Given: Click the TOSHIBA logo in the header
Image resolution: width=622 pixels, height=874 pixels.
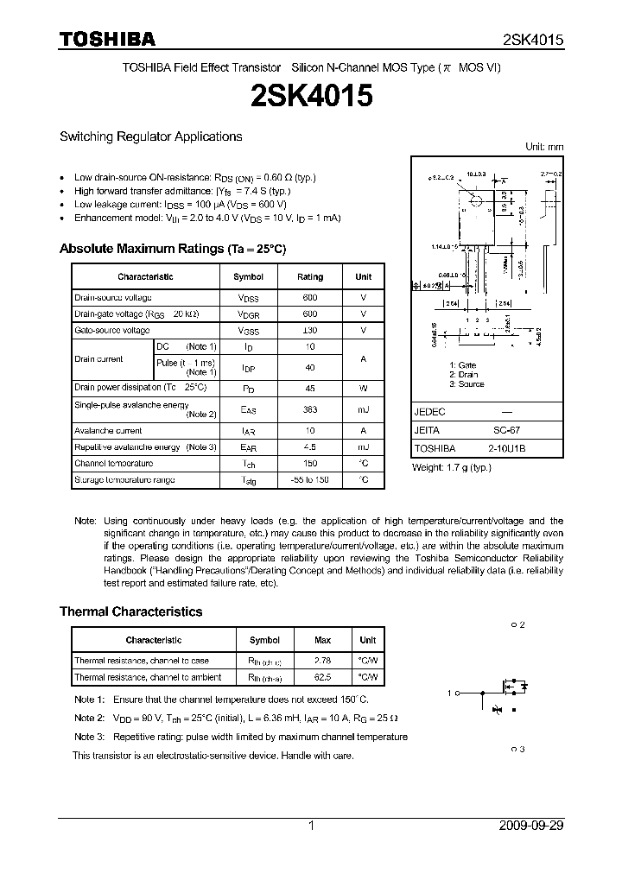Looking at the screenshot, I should (107, 40).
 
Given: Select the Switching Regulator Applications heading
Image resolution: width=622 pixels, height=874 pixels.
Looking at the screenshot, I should (150, 136).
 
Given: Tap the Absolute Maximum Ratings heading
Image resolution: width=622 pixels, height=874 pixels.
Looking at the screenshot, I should (172, 249).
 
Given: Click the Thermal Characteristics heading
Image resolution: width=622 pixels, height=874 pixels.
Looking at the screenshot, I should (130, 611).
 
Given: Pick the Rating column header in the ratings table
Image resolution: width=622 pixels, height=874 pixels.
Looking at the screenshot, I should (310, 277).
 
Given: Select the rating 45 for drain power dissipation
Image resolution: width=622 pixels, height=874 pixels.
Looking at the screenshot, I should (310, 388).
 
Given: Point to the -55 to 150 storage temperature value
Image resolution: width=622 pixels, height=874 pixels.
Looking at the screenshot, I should (310, 479).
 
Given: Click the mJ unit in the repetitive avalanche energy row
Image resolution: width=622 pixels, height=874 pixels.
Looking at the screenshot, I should (363, 447).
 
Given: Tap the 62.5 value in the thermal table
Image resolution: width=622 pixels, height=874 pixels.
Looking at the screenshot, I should (323, 678).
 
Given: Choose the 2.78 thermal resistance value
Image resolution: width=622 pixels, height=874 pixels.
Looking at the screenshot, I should (323, 661).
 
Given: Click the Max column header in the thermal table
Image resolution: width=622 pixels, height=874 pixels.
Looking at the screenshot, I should (323, 641).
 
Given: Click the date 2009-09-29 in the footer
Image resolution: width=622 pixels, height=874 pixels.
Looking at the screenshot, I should (531, 826).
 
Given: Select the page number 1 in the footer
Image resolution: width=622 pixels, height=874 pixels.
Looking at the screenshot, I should (311, 826).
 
